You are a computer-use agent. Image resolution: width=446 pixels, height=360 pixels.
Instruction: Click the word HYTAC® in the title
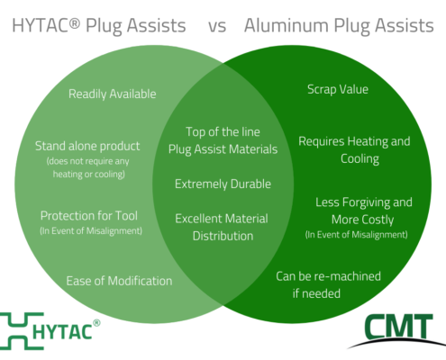click(46, 25)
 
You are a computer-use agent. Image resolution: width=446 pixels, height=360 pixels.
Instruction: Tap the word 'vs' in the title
click(217, 26)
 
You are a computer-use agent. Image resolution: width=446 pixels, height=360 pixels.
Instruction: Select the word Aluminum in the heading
click(287, 25)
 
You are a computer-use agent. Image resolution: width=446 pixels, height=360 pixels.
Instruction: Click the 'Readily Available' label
click(113, 94)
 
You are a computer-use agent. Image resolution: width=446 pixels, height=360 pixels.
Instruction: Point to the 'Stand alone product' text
click(87, 146)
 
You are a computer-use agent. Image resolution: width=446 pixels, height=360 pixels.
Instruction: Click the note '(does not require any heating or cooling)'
click(88, 167)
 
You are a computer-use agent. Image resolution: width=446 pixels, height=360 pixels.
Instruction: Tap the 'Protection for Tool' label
click(89, 216)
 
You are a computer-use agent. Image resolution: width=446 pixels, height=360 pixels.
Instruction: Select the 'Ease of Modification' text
click(119, 281)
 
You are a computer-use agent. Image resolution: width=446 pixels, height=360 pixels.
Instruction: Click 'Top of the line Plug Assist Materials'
click(223, 140)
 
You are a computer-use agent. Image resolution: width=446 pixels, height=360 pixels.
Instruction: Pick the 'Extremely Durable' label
click(223, 184)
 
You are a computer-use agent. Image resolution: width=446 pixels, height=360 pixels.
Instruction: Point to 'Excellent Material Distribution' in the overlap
click(222, 228)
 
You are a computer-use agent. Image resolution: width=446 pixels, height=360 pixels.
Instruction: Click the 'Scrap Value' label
click(338, 89)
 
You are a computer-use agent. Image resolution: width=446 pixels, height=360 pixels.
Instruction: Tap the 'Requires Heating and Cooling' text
click(354, 150)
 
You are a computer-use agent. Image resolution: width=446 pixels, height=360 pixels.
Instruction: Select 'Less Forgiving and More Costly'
click(364, 211)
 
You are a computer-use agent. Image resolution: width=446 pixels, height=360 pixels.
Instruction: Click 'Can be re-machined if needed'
click(328, 284)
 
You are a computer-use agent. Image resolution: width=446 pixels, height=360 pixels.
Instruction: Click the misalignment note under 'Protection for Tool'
click(91, 230)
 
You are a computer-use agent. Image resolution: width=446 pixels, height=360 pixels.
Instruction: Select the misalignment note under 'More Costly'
click(357, 235)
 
